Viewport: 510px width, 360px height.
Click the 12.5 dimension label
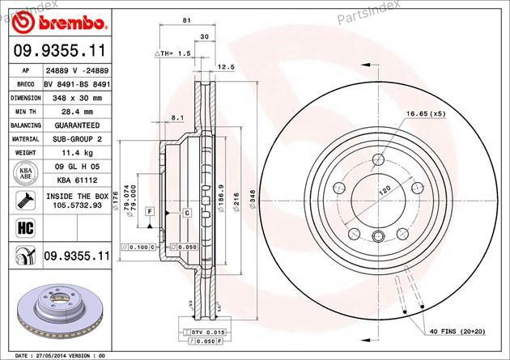[226, 67]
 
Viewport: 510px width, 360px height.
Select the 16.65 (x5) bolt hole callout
[426, 114]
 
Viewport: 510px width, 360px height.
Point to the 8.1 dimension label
[177, 118]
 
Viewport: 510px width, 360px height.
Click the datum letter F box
[150, 211]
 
